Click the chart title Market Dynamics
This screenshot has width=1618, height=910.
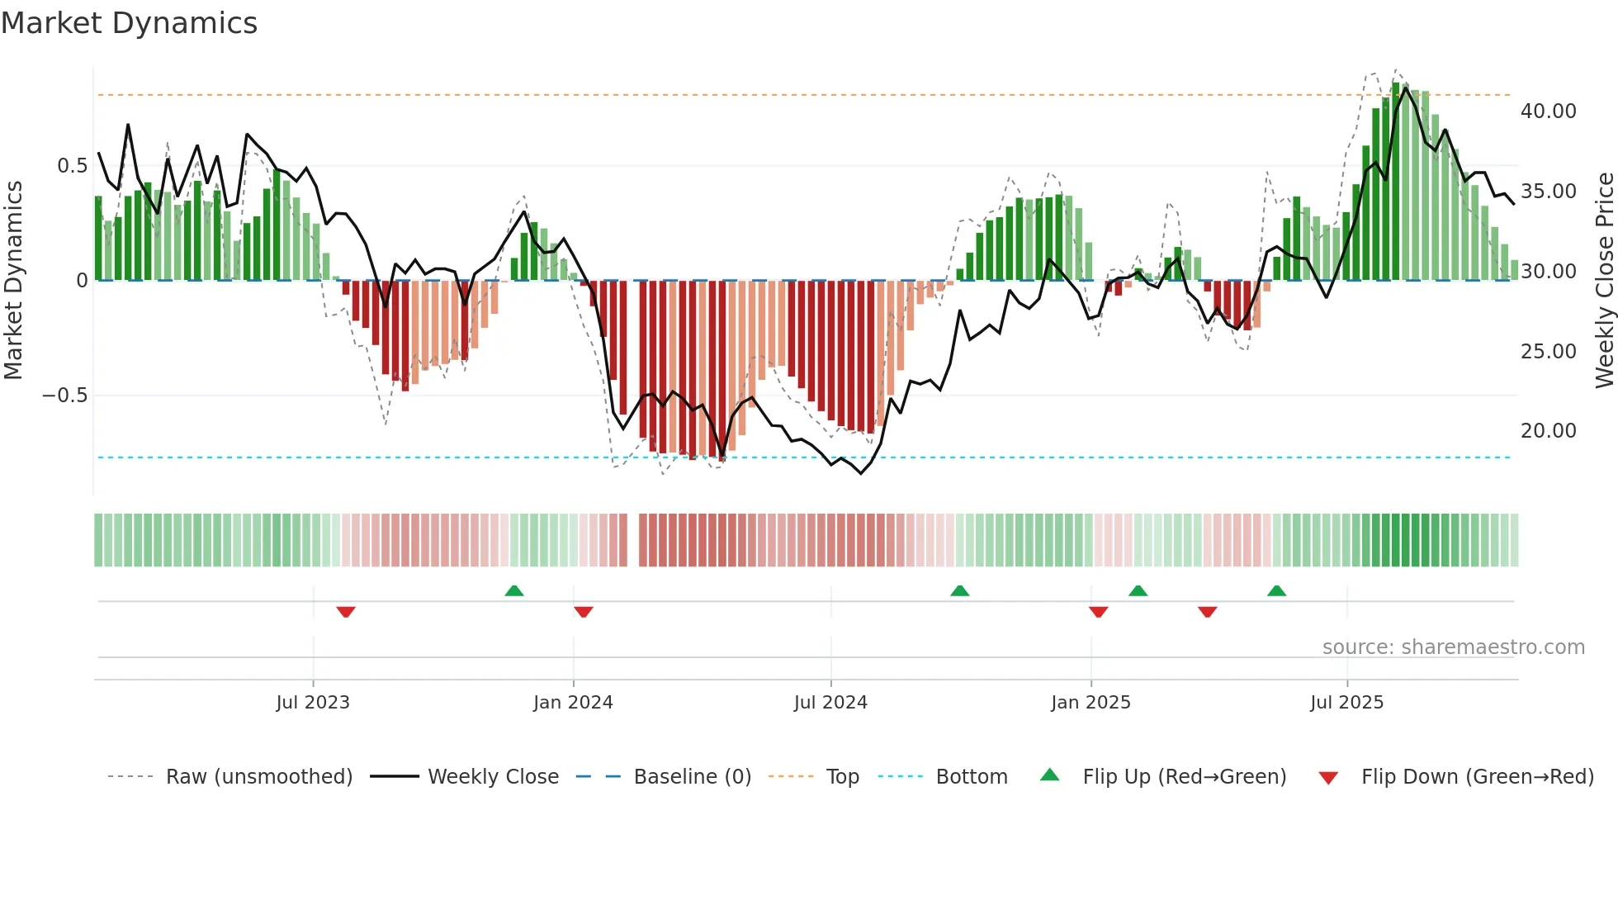click(130, 23)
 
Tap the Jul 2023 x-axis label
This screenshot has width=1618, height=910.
click(313, 703)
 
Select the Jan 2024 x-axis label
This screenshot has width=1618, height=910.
click(573, 703)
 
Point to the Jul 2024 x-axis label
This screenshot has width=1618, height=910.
click(830, 703)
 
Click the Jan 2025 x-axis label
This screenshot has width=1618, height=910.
click(1090, 703)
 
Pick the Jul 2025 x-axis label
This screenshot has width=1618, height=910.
click(1346, 703)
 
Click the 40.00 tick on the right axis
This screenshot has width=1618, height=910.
click(1548, 111)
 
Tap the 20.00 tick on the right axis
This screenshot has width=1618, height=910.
click(1548, 431)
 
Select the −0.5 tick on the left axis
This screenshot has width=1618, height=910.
click(64, 396)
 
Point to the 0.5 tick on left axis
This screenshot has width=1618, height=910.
click(72, 166)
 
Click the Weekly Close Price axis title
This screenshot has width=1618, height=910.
click(1604, 281)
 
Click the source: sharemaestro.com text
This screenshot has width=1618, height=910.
click(1453, 647)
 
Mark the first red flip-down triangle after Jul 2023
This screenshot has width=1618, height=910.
click(346, 612)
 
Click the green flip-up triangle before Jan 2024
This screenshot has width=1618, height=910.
click(514, 590)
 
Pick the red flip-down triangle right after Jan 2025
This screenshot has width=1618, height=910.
click(1098, 612)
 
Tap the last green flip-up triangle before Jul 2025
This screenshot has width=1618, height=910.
click(1276, 590)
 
